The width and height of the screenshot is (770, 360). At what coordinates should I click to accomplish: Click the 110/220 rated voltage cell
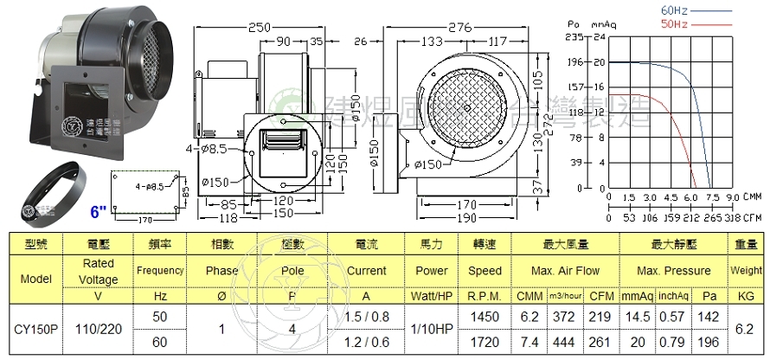[x=98, y=329]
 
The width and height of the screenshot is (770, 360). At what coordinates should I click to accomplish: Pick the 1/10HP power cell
[x=432, y=329]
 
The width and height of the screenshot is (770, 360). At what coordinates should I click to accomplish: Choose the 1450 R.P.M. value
[x=485, y=317]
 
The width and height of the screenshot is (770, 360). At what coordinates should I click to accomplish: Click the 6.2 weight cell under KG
[x=746, y=329]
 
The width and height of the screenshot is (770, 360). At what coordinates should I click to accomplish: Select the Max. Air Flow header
[x=566, y=271]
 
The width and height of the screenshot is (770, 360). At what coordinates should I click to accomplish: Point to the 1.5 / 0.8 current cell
[x=366, y=317]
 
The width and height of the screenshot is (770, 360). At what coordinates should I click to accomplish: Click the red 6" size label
[x=98, y=210]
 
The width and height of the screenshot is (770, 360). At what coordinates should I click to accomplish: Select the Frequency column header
[x=159, y=271]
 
